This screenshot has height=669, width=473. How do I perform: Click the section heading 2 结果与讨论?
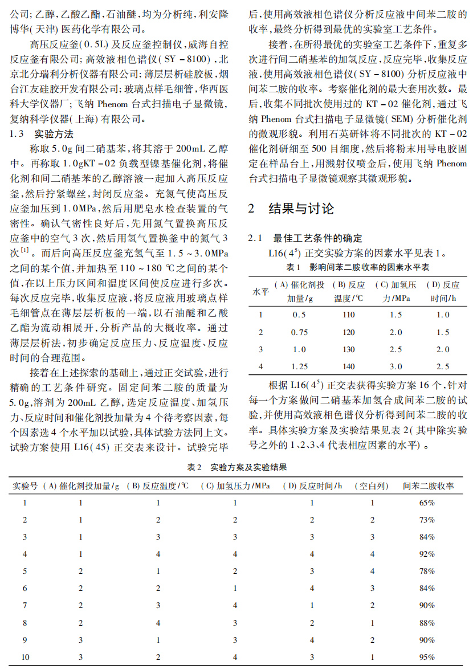[x=291, y=209]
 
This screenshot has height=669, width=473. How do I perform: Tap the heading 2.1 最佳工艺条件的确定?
[x=305, y=238]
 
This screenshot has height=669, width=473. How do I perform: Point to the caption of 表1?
[x=357, y=266]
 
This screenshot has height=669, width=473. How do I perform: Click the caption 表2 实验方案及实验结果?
[x=237, y=467]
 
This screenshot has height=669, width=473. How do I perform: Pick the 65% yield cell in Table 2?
[x=427, y=503]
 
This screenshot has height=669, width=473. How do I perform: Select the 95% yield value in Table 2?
[x=427, y=657]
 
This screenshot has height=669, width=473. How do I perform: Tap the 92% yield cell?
[x=427, y=554]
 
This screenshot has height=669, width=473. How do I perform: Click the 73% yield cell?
[x=427, y=520]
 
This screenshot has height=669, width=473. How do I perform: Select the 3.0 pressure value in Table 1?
[x=395, y=366]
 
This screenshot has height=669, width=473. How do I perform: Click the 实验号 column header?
[x=25, y=486]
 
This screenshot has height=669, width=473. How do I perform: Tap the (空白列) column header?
[x=372, y=486]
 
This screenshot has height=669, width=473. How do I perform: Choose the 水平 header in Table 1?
[x=260, y=291]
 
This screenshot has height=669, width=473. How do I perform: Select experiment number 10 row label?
[x=25, y=657]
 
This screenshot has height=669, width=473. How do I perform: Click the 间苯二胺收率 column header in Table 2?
[x=429, y=486]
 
